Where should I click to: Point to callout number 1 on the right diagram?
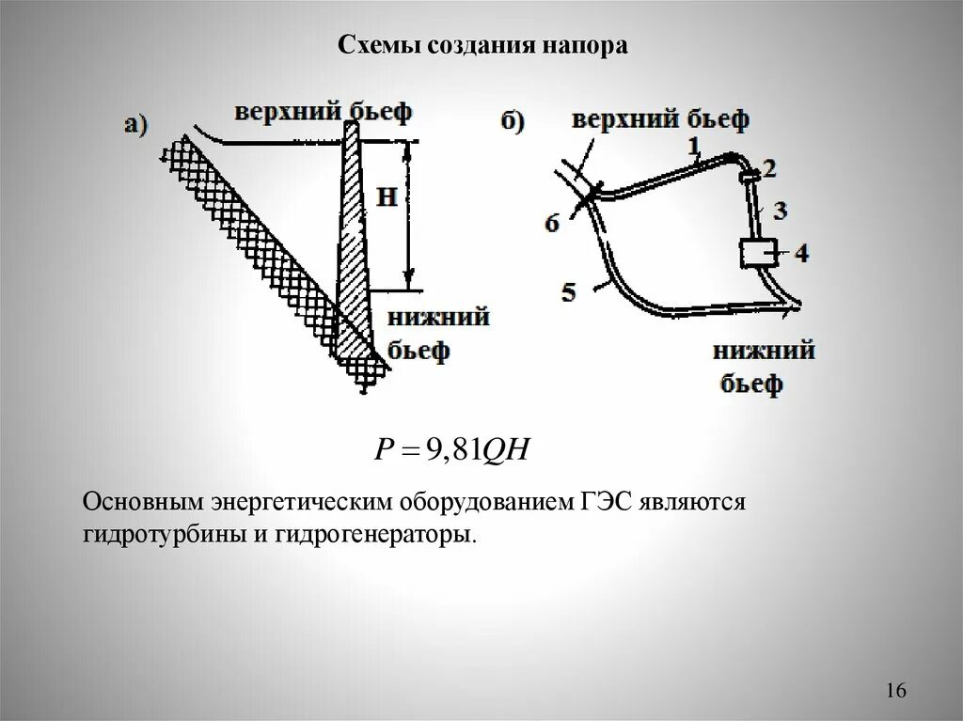693,145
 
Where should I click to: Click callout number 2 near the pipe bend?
769,168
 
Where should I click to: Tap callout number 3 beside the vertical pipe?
779,209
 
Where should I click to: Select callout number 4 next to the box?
799,252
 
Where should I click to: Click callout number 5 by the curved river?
568,291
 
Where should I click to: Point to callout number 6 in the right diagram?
552,223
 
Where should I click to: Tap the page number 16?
894,691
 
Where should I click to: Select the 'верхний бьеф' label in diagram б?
660,119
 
